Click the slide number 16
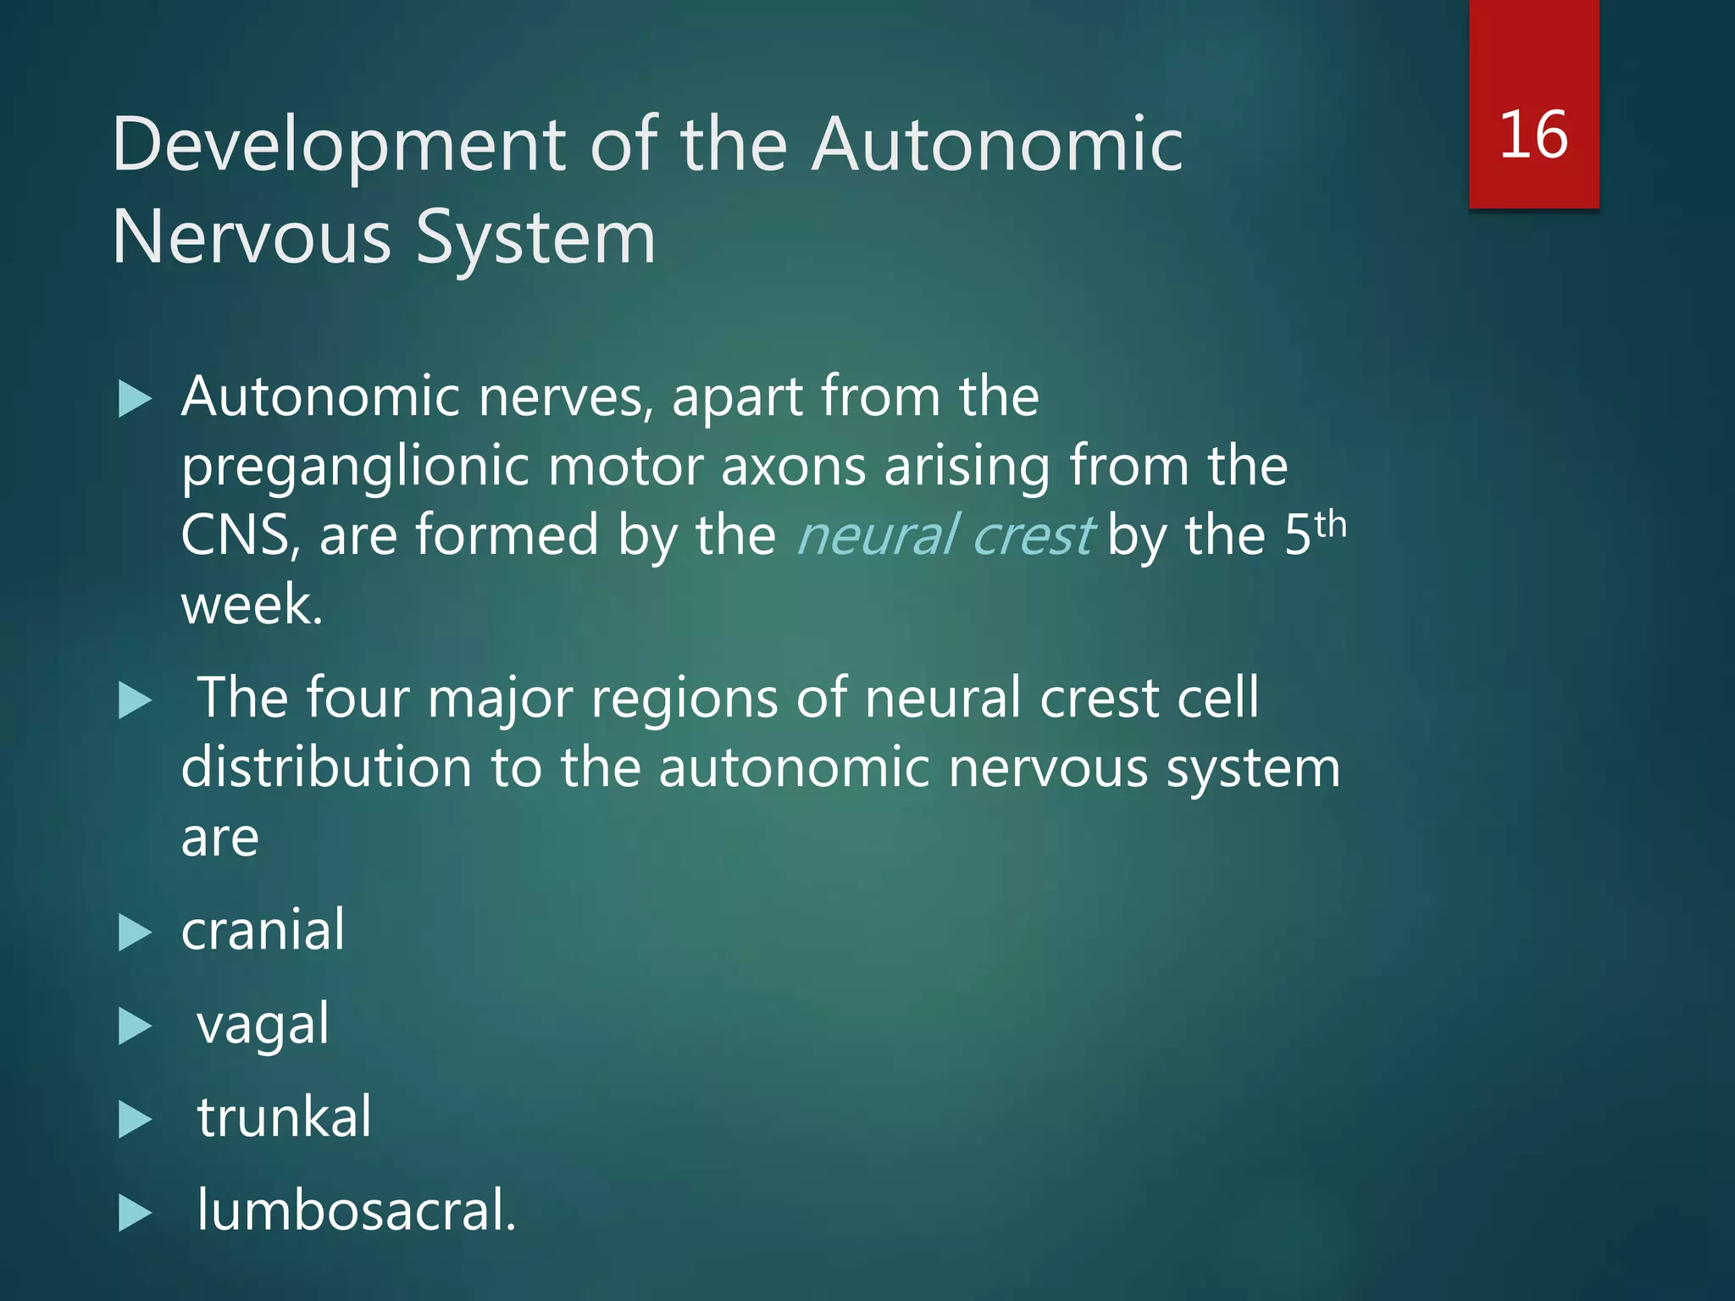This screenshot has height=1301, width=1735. (x=1533, y=136)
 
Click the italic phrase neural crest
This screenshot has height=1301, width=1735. (x=945, y=535)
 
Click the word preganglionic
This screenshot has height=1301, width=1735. (x=356, y=468)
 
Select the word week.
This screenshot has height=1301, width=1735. (x=252, y=605)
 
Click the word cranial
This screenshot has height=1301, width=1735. (x=263, y=930)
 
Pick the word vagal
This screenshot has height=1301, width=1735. (x=263, y=1025)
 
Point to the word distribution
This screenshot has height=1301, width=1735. (x=326, y=767)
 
